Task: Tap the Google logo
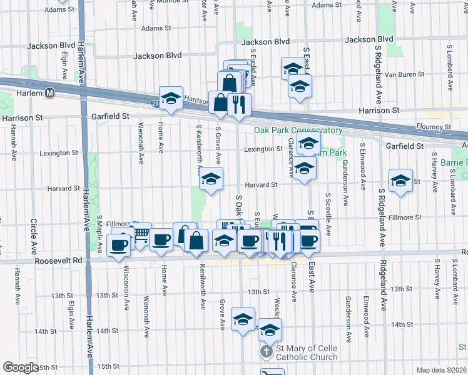21,367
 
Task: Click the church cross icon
267,352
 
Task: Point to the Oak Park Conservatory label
298,130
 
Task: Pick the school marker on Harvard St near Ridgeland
400,181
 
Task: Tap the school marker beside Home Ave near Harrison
171,98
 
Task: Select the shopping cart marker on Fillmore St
141,234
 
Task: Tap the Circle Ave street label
33,232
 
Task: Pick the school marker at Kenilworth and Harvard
211,179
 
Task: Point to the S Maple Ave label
99,234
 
